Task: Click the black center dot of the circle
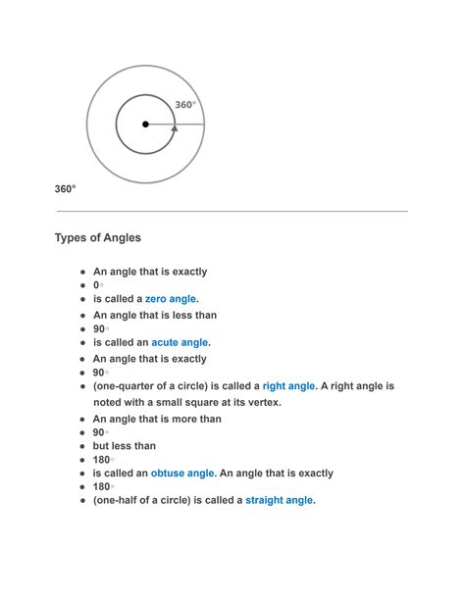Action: tap(145, 125)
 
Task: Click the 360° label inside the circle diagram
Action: tap(185, 105)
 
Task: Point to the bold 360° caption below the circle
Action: tap(65, 188)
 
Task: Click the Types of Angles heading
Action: tap(98, 238)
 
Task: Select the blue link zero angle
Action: tap(171, 299)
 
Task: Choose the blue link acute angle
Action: tap(180, 343)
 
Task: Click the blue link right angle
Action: tap(288, 386)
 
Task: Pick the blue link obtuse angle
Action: tap(181, 474)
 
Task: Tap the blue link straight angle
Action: tap(279, 500)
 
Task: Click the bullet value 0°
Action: tap(98, 285)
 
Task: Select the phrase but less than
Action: tap(125, 446)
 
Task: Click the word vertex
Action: tap(259, 402)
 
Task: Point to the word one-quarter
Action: tap(125, 386)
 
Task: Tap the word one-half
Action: tap(119, 500)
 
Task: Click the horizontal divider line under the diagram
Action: tap(232, 211)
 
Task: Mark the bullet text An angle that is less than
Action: tap(155, 315)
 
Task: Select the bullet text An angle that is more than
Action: tap(157, 419)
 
